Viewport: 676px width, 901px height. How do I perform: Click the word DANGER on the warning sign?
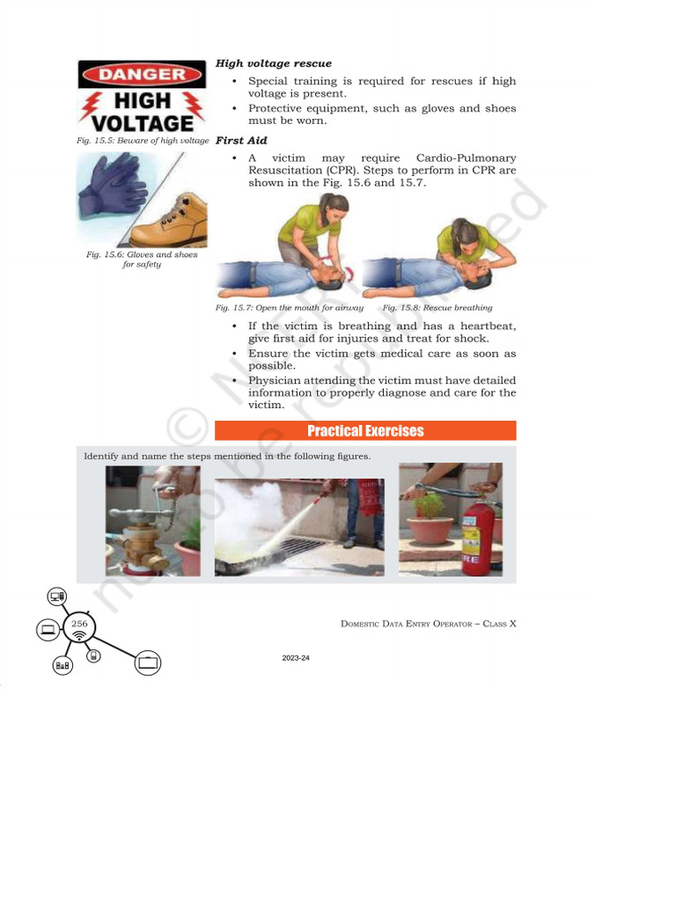142,74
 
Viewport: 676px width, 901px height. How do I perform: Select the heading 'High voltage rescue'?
274,63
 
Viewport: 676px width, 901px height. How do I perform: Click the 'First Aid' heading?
241,141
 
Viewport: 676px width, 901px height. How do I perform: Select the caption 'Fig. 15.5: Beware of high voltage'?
143,141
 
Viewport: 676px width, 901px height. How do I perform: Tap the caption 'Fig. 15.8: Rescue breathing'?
437,308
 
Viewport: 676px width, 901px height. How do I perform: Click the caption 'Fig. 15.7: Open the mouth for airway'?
290,308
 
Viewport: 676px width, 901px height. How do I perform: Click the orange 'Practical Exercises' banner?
365,430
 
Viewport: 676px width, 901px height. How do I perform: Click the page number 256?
79,623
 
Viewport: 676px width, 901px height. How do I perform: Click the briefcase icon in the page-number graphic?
148,663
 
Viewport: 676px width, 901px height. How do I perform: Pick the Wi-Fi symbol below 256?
79,635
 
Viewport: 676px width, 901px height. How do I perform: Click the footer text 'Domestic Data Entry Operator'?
404,624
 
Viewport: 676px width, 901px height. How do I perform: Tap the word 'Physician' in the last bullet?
277,380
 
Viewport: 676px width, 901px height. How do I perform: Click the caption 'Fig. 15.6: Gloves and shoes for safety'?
142,259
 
